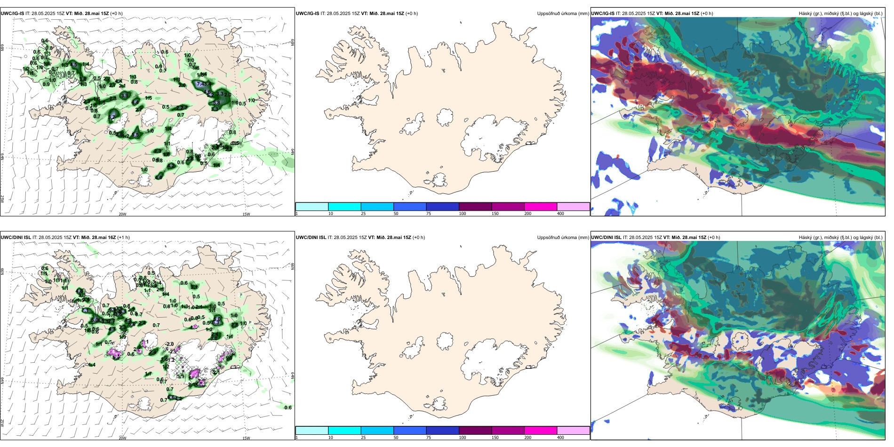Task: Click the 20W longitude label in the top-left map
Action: coord(122,214)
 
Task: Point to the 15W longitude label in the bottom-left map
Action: coord(246,438)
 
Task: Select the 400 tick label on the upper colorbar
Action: coord(560,214)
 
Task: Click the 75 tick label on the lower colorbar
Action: coord(429,438)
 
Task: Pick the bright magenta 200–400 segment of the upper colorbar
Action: coord(541,207)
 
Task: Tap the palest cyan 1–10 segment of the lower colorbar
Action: coord(312,431)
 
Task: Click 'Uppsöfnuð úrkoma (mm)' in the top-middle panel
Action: coord(563,14)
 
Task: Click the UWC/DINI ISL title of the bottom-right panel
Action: coord(606,238)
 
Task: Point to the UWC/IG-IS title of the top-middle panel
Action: coord(308,14)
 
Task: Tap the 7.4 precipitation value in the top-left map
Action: coord(201,84)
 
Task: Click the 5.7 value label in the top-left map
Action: coord(112,117)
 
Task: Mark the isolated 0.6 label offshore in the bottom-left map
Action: coord(288,408)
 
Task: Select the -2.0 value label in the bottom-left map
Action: coord(169,344)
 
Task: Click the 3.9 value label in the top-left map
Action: coord(125,96)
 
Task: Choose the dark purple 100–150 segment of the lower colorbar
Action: coord(475,431)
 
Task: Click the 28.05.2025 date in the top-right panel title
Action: coord(632,14)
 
